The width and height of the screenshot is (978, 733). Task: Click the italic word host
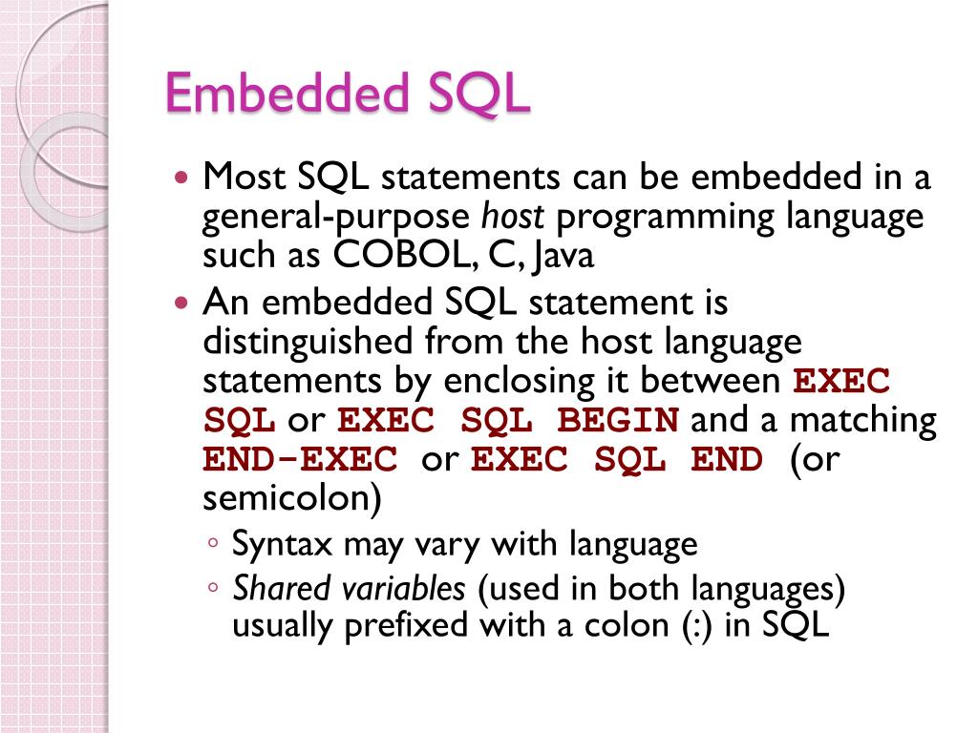coord(512,218)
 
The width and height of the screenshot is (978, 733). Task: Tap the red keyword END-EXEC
coord(300,460)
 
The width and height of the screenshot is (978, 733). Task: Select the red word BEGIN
coord(618,421)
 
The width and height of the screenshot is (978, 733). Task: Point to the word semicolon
coord(287,498)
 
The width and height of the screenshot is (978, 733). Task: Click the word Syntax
coord(282,546)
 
